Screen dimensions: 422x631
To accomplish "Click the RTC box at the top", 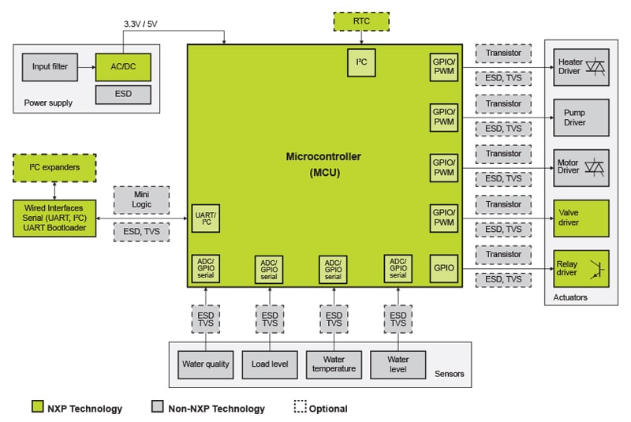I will click(x=362, y=21).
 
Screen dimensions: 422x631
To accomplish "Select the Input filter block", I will click(x=50, y=67).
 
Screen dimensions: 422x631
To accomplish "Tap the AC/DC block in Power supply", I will click(x=122, y=67).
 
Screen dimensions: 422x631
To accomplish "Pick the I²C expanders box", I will click(x=54, y=166).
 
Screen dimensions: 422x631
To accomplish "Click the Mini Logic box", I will click(x=140, y=200).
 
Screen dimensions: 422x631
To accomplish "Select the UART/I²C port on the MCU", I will click(x=206, y=218).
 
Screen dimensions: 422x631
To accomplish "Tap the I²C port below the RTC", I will click(x=362, y=62).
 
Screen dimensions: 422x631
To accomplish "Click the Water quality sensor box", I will click(x=206, y=364).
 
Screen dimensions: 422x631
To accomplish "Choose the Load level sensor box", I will click(x=270, y=364).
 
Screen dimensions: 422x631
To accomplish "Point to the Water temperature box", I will click(x=334, y=364).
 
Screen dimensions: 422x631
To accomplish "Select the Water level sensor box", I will click(x=398, y=364).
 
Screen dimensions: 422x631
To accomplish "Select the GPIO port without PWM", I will click(x=443, y=268).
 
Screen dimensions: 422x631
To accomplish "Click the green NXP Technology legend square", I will click(x=36, y=407).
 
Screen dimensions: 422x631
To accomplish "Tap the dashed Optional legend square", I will click(x=300, y=407).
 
